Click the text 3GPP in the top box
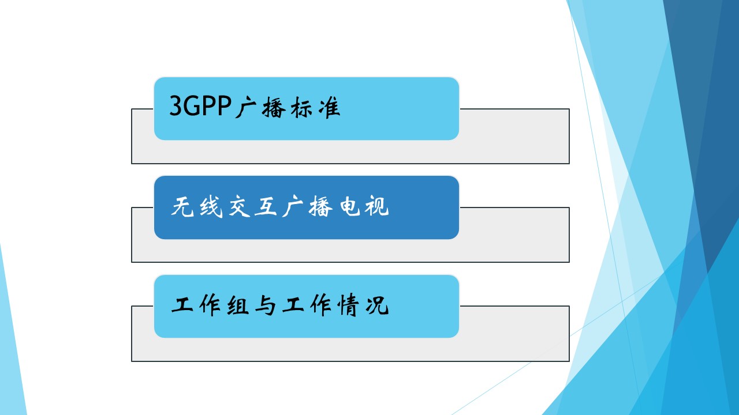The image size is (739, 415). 200,105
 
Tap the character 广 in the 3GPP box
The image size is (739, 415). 246,107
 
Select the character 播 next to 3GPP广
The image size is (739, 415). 274,107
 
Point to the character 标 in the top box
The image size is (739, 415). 301,107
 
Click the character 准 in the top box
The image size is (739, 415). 329,107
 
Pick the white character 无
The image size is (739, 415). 182,206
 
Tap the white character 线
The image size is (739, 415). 211,206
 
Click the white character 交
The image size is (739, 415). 238,206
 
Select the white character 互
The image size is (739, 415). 266,206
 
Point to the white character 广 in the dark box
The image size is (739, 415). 293,206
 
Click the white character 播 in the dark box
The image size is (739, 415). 320,206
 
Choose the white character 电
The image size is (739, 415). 349,206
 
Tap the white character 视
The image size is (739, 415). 376,206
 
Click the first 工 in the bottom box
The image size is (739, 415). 182,305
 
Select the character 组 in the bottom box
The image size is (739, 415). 237,305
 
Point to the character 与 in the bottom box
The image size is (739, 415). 266,305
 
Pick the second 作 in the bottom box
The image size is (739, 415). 320,305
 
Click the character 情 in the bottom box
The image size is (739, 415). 348,305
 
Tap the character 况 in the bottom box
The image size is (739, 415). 377,305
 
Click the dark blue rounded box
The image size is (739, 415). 307,207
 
